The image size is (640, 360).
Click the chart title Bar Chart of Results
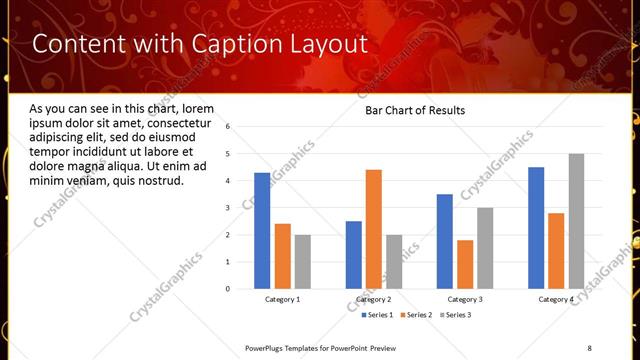pos(415,110)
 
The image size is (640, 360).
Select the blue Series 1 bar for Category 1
pos(262,231)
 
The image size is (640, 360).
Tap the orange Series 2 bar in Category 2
pos(374,229)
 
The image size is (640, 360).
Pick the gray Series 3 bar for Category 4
pos(577,221)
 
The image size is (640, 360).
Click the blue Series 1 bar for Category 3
pos(445,241)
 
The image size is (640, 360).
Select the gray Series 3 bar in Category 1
pos(303,262)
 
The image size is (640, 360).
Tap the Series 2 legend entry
pos(417,315)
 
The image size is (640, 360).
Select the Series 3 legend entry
pos(456,315)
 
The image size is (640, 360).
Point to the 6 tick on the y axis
pos(228,127)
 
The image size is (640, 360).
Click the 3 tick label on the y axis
pos(228,208)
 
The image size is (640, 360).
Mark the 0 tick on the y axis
pos(228,289)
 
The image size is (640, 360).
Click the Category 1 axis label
pos(283,299)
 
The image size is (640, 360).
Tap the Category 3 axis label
pos(465,299)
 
